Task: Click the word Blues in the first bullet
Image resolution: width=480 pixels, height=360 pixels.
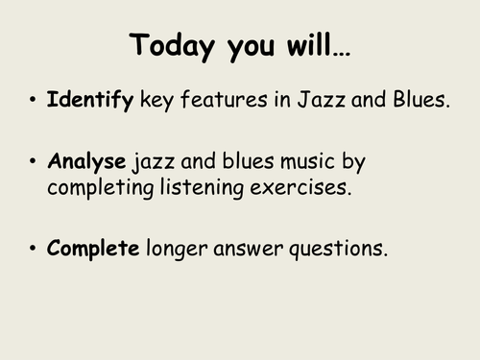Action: point(420,99)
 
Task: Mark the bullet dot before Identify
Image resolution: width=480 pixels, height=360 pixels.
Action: point(33,100)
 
